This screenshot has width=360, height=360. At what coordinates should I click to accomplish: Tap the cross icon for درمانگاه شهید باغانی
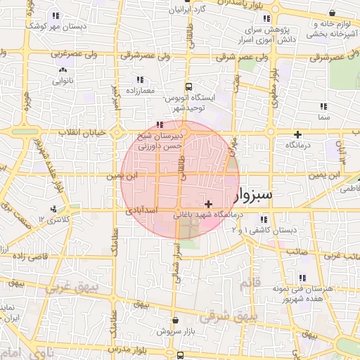tap(208, 203)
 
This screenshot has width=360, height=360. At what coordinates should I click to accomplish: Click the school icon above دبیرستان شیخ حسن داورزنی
tap(157, 124)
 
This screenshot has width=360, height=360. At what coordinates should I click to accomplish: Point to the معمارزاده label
tap(140, 91)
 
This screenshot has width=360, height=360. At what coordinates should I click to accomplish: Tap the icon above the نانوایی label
tap(63, 70)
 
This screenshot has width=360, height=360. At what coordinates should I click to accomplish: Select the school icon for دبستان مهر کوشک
tap(55, 15)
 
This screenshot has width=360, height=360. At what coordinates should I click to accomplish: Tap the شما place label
tap(323, 117)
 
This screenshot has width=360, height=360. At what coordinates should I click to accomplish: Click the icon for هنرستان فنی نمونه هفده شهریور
tap(302, 278)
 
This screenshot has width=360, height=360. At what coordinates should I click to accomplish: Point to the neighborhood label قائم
tap(251, 283)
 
